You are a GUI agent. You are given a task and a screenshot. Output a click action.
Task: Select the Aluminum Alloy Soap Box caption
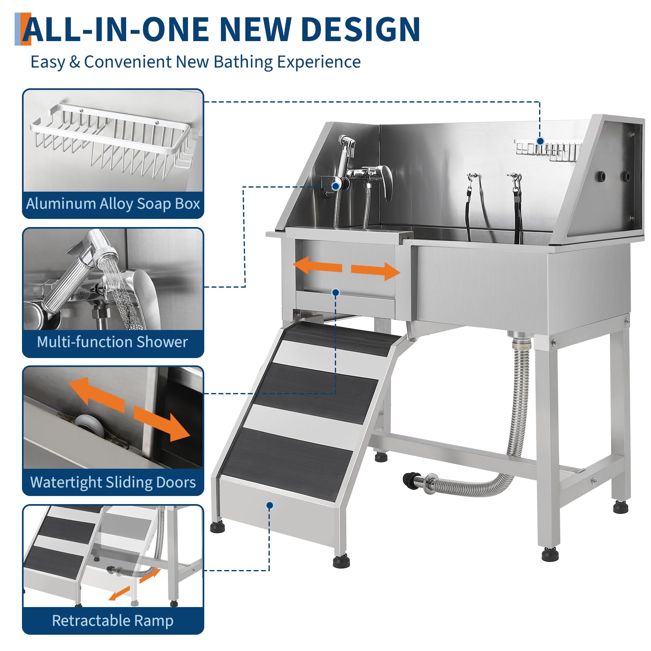[x=113, y=203]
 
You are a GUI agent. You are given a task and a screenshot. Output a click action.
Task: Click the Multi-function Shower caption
[x=112, y=342]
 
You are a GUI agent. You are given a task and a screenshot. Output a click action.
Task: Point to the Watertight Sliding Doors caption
[x=113, y=482]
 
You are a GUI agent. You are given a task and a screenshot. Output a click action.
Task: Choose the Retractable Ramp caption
[x=113, y=620]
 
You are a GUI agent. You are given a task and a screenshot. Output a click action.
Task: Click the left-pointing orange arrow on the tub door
[x=317, y=267]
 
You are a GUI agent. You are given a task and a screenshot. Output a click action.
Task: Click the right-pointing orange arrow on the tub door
[x=376, y=271]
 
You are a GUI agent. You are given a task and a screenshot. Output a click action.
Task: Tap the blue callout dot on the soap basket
[x=540, y=141]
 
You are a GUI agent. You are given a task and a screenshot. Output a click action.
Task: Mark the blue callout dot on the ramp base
[x=269, y=505]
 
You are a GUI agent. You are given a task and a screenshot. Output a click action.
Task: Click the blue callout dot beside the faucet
[x=336, y=186]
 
